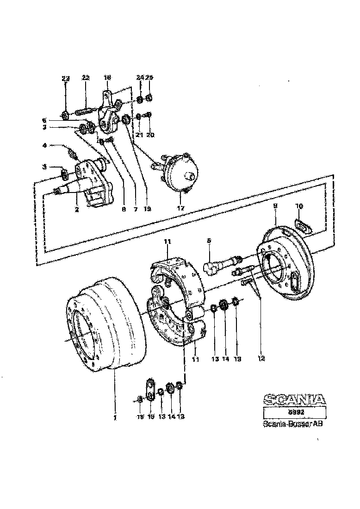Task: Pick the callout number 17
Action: [180, 209]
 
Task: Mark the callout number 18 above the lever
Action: [107, 78]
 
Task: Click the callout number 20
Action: [150, 135]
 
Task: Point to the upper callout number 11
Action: [168, 241]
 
